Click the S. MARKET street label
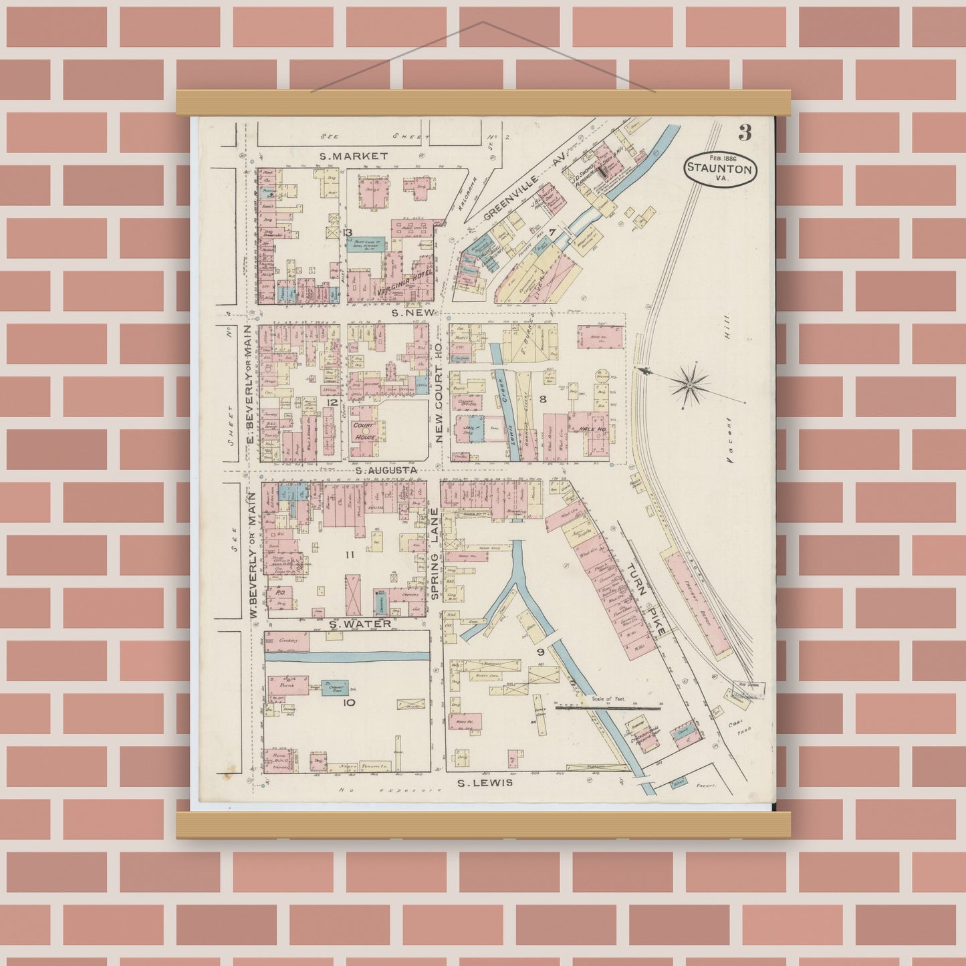pyautogui.click(x=354, y=156)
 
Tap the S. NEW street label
pyautogui.click(x=414, y=312)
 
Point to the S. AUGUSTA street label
pyautogui.click(x=386, y=470)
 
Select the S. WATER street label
pyautogui.click(x=360, y=623)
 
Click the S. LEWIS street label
pyautogui.click(x=486, y=782)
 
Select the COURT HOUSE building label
pyautogui.click(x=364, y=431)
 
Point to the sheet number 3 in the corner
pyautogui.click(x=745, y=133)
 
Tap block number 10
pyautogui.click(x=348, y=702)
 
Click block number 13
pyautogui.click(x=347, y=232)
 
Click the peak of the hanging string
pyautogui.click(x=483, y=22)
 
